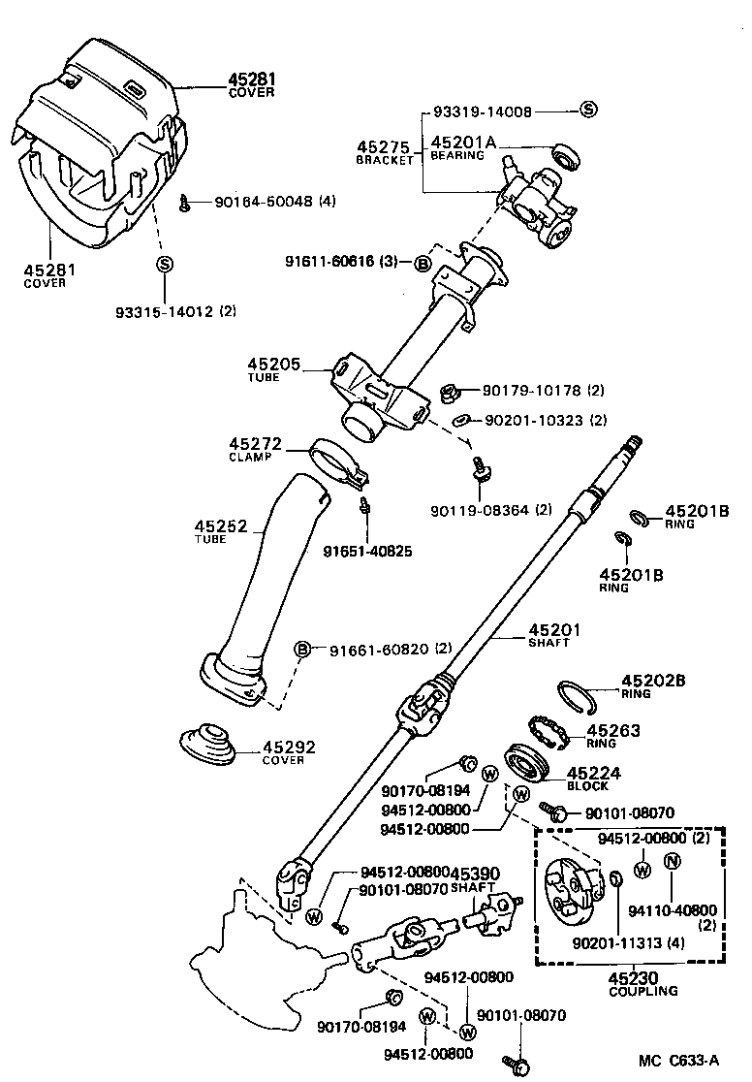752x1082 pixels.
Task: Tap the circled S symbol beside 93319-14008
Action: pos(588,110)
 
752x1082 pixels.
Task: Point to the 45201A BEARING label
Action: pos(462,146)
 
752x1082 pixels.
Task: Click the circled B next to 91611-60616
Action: pos(423,262)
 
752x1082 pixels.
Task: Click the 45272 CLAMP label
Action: pos(255,449)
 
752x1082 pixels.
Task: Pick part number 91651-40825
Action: pos(367,552)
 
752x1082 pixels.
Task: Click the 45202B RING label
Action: pos(652,684)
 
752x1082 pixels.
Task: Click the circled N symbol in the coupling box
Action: pos(672,861)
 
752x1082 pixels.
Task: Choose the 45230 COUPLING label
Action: pos(643,983)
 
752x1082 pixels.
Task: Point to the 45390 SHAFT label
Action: pos(475,878)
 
